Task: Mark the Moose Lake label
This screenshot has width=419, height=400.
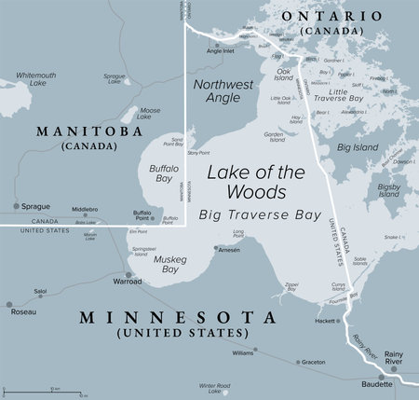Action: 149,113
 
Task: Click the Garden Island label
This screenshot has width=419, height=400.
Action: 275,137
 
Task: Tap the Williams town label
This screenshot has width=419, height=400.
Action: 242,353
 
